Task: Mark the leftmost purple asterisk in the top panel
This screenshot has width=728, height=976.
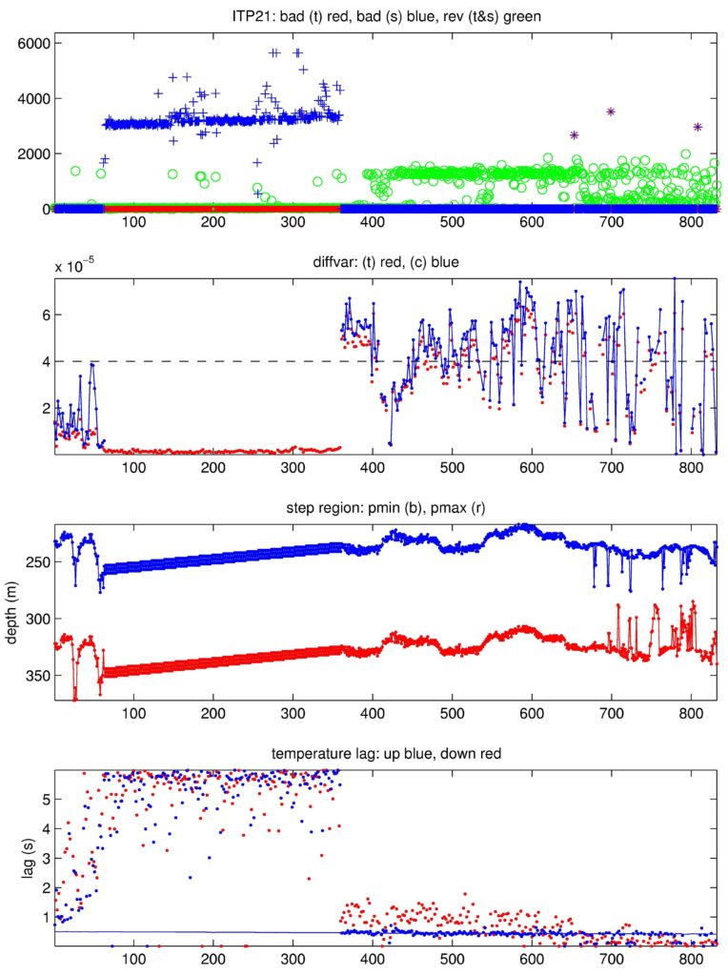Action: [x=575, y=135]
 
